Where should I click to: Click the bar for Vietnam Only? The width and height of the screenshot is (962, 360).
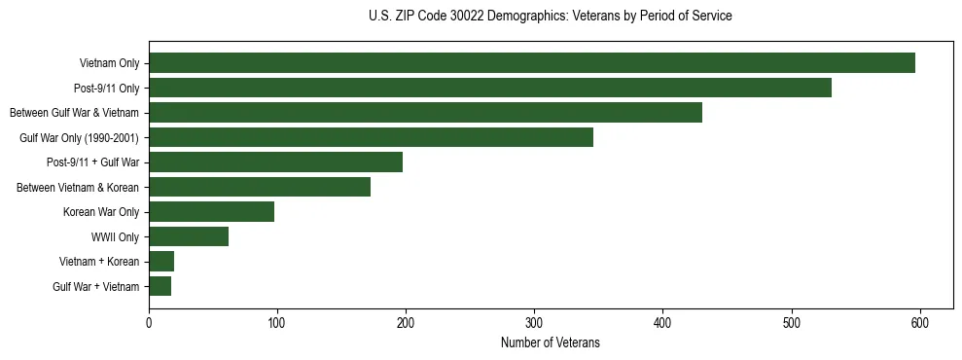[x=531, y=63]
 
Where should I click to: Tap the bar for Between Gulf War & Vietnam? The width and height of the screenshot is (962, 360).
[x=425, y=113]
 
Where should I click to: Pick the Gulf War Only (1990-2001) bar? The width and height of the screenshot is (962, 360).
[x=371, y=137]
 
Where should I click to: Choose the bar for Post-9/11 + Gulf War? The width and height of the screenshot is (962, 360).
[x=275, y=162]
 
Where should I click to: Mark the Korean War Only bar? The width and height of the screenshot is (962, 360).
[x=211, y=212]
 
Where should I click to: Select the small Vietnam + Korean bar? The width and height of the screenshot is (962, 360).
[x=161, y=262]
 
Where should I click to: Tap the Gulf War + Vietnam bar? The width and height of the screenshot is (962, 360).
[x=160, y=286]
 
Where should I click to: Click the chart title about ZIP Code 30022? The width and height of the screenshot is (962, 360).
[x=550, y=17]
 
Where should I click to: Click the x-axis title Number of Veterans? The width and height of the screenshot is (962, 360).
[x=550, y=343]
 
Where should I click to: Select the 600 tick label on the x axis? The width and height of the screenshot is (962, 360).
[x=920, y=323]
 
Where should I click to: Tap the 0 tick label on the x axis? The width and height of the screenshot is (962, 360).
[x=149, y=323]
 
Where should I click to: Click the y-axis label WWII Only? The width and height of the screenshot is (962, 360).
[x=115, y=236]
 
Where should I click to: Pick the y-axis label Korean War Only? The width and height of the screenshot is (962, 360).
[x=101, y=212]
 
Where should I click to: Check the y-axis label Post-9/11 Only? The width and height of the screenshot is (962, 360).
[x=107, y=88]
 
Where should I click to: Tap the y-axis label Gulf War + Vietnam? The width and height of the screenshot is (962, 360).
[x=96, y=286]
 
